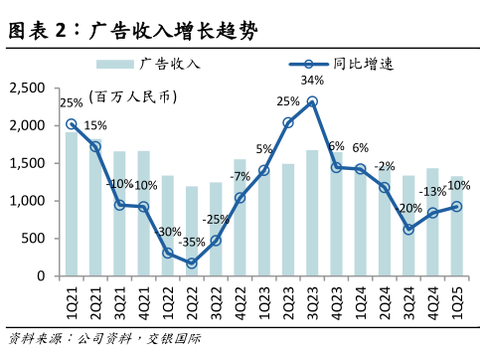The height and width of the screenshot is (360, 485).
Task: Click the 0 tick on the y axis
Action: click(x=40, y=275)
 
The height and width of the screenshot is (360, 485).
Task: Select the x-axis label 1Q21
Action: click(x=71, y=297)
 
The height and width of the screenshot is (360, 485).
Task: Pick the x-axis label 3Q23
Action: click(x=312, y=297)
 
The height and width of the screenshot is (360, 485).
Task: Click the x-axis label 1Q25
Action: click(x=456, y=297)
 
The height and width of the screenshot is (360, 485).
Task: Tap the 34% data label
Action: click(x=312, y=81)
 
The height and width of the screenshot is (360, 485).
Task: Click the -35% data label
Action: click(x=192, y=242)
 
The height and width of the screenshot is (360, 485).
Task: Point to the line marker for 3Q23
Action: click(x=312, y=101)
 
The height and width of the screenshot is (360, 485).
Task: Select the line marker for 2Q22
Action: click(x=191, y=263)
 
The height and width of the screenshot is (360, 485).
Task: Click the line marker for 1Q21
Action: click(x=72, y=124)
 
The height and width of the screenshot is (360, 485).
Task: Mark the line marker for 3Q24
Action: click(x=408, y=230)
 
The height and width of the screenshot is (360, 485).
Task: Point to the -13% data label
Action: click(x=432, y=192)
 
